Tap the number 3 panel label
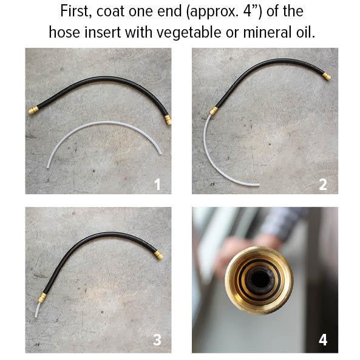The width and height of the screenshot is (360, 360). pyautogui.click(x=157, y=340)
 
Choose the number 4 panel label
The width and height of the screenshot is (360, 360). pyautogui.click(x=324, y=340)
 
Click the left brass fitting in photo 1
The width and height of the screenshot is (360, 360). pyautogui.click(x=34, y=110)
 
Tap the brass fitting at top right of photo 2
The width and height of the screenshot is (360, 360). pyautogui.click(x=326, y=76)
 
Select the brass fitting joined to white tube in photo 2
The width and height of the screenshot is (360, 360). pyautogui.click(x=213, y=110)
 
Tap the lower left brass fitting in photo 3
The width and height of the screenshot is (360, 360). pyautogui.click(x=42, y=298)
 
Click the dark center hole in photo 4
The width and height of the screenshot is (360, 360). pyautogui.click(x=263, y=279)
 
